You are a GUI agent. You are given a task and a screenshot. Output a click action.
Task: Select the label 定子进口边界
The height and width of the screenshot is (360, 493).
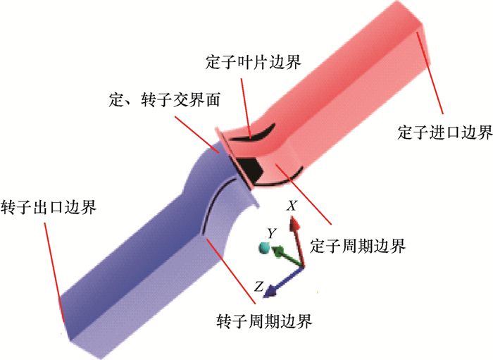(444, 132)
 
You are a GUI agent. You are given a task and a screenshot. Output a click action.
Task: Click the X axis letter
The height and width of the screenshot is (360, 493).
(291, 206)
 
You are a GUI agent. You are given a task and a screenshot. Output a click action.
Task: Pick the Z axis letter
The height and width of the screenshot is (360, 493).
(258, 287)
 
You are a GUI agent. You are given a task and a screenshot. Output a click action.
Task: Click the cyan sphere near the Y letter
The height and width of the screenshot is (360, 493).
(264, 247)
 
